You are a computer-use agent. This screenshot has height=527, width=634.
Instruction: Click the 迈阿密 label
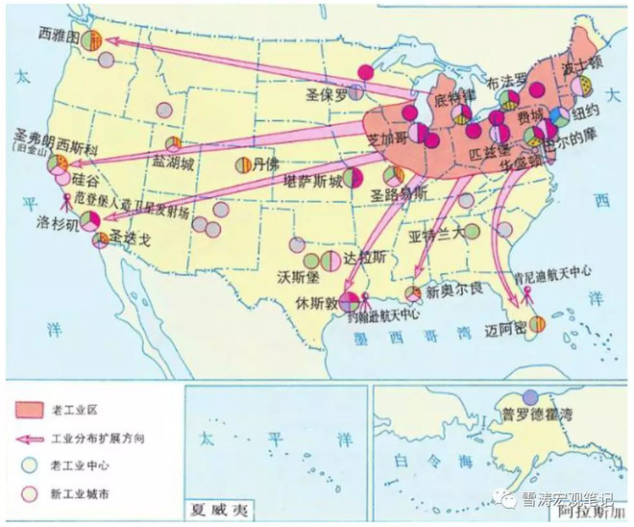click(507, 328)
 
